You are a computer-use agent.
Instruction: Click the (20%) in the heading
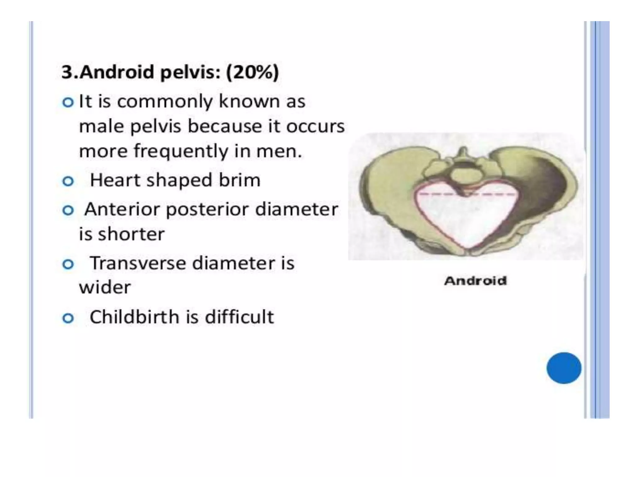(252, 72)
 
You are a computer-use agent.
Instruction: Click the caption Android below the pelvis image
(475, 281)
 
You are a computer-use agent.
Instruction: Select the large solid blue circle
(564, 368)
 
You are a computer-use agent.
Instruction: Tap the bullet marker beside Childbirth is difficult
(68, 318)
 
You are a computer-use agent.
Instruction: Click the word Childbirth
(134, 317)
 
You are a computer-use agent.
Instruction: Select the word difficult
(239, 317)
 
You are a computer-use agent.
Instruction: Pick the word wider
(105, 288)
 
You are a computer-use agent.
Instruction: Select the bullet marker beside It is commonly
(68, 102)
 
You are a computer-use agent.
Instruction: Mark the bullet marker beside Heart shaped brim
(68, 181)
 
